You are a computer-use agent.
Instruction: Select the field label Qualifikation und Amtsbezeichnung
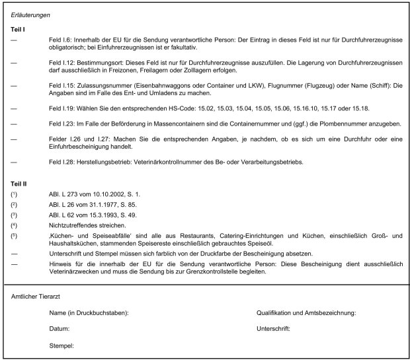click(306, 312)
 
